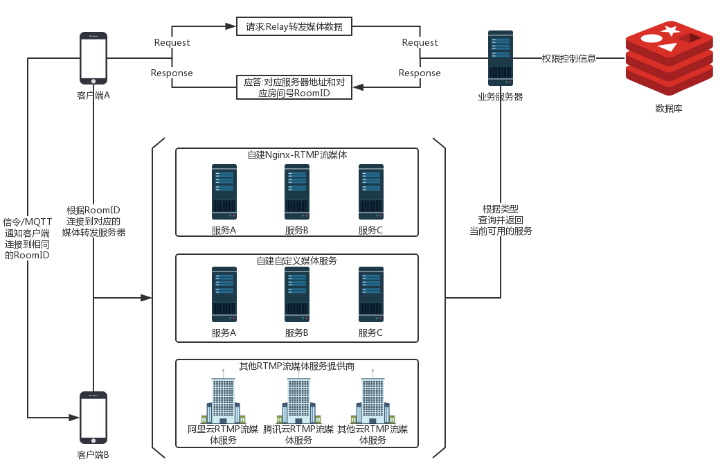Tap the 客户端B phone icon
(93, 418)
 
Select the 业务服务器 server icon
(500, 58)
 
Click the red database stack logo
(669, 59)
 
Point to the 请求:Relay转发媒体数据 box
(294, 27)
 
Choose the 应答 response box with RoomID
(294, 87)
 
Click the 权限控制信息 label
(568, 58)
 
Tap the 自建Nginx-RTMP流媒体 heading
(297, 154)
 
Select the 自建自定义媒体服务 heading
(297, 260)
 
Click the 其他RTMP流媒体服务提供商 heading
(297, 366)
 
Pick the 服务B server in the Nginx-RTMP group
(297, 191)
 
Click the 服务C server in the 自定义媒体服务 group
(370, 294)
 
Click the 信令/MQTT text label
(27, 222)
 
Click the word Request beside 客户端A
(172, 43)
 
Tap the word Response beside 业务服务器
(420, 73)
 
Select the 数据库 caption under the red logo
(668, 109)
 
